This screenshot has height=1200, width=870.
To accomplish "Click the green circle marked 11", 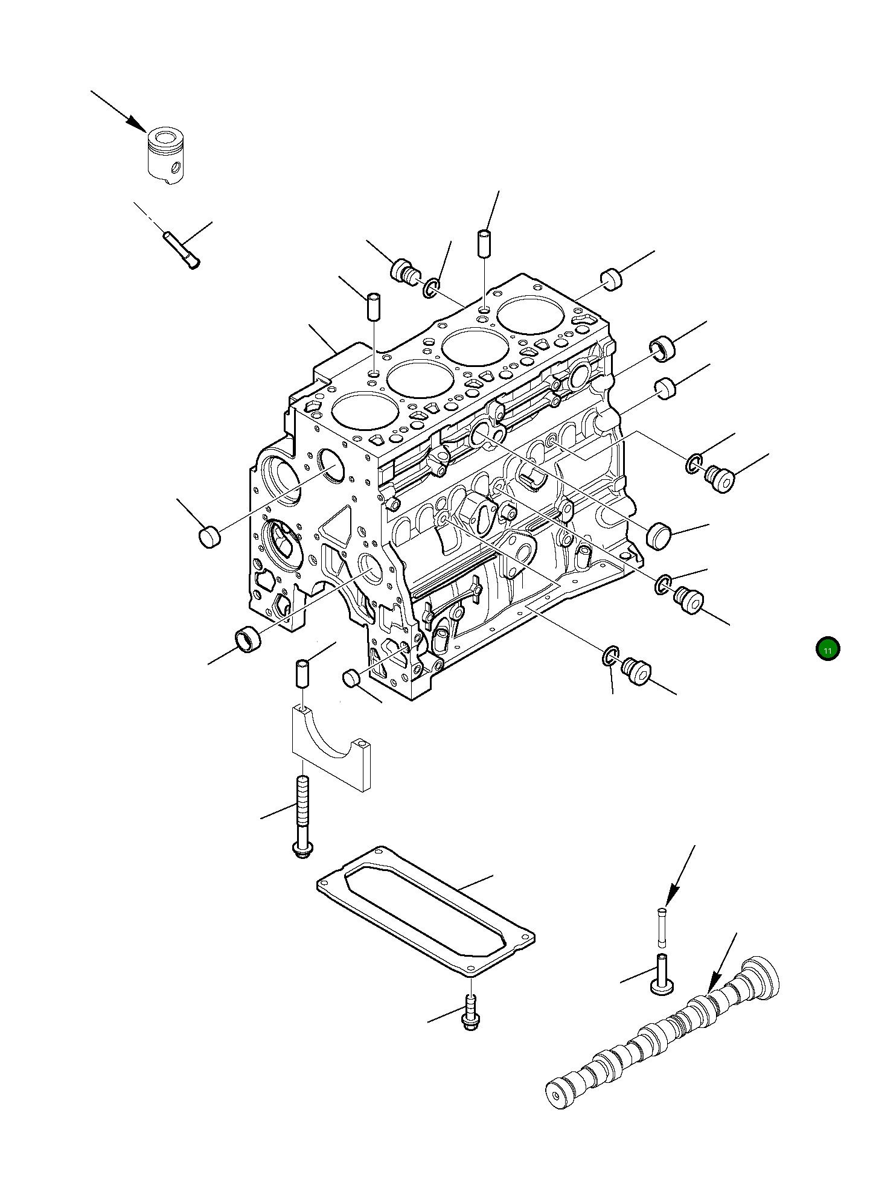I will tap(827, 649).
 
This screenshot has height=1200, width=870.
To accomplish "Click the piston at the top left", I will tap(165, 156).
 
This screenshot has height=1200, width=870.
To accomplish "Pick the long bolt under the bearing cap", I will tap(302, 816).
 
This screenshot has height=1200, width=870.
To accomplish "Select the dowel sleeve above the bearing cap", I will tap(302, 674).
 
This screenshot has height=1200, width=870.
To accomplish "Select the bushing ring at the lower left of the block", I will tap(247, 639).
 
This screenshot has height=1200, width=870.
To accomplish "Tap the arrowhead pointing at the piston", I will tap(136, 124).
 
